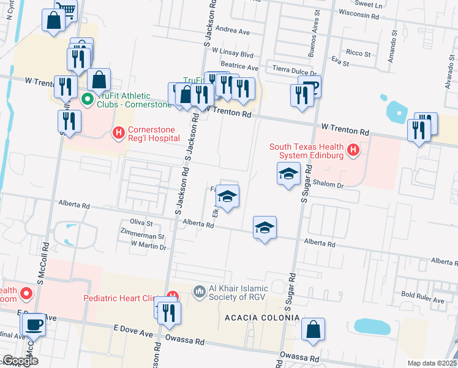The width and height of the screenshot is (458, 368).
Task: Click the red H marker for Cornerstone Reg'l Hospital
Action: coord(118,132)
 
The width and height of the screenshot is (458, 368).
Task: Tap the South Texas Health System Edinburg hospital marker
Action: coord(353,149)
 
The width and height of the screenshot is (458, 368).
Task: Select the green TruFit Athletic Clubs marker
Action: coord(88,98)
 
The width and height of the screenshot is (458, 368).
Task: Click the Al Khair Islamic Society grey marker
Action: coord(198,291)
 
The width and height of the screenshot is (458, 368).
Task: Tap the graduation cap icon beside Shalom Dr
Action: coord(288,174)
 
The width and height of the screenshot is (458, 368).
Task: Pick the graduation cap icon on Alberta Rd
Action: coord(265,228)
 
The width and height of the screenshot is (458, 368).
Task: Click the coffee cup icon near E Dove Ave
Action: coord(34,323)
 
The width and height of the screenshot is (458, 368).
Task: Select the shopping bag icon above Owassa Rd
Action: coord(313,329)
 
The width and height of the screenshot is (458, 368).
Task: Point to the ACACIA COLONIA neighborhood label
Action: coord(262,318)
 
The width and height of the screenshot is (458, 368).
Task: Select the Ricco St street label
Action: coord(358,53)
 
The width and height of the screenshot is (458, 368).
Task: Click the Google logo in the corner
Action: coord(20,361)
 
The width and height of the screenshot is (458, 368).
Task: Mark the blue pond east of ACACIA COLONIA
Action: coord(372,326)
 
